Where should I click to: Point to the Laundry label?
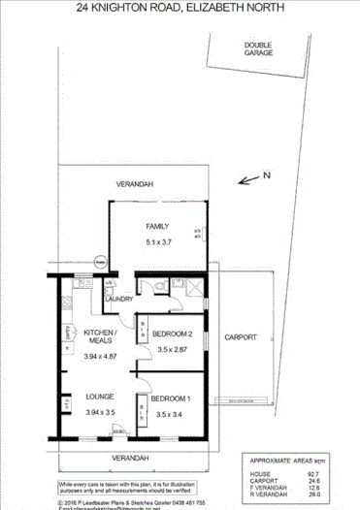(x=119, y=300)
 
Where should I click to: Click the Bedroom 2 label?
(x=172, y=334)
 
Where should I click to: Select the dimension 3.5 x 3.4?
(x=173, y=414)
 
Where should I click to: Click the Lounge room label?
(x=102, y=397)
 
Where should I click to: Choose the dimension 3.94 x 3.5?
(x=102, y=412)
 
